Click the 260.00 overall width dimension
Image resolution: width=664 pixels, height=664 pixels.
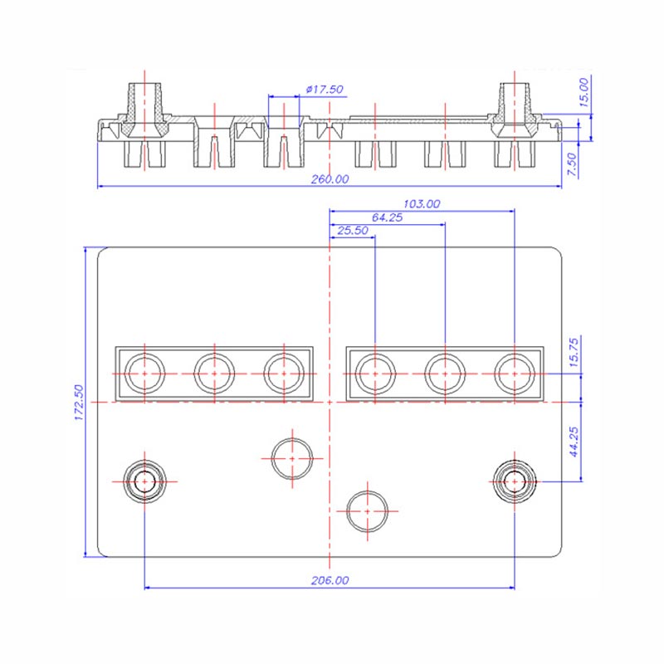pos(330,179)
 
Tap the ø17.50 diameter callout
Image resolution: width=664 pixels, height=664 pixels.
pos(325,89)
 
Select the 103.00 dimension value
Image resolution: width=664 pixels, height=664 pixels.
pos(421,203)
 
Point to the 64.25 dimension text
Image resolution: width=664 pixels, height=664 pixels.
pos(387,217)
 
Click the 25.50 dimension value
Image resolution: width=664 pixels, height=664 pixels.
pos(353,231)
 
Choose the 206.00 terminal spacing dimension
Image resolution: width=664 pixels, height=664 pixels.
pos(330,581)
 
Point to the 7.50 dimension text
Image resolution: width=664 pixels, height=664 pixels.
pos(572,164)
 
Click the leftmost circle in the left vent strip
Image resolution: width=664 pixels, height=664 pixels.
pos(145,373)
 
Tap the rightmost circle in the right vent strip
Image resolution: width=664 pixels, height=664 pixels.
pos(514,373)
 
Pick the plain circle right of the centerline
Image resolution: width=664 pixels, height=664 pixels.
pos(367,510)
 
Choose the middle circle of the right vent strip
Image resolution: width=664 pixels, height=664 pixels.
pos(444,373)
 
